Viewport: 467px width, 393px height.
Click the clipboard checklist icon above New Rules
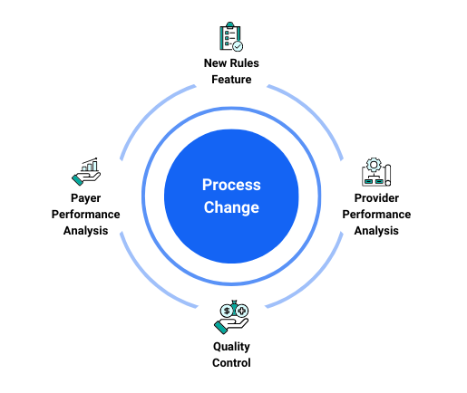231,36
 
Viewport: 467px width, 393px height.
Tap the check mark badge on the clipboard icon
238,46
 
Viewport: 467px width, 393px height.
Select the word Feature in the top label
231,80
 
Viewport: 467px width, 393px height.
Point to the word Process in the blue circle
231,185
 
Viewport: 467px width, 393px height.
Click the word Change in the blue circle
231,207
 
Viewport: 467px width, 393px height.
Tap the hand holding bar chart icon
86,171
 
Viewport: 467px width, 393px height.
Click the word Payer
86,198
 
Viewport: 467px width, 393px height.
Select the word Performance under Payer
86,215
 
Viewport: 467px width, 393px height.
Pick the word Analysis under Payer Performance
86,231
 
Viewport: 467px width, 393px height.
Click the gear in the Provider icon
374,165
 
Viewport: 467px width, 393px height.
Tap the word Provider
376,198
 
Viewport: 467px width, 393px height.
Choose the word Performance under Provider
376,215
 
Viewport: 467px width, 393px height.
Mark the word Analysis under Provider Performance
376,231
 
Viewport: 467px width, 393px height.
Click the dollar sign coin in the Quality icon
227,311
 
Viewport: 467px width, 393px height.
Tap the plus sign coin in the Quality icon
242,311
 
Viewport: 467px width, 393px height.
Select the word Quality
231,347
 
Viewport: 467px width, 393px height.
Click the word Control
231,363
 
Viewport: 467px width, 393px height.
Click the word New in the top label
215,63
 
